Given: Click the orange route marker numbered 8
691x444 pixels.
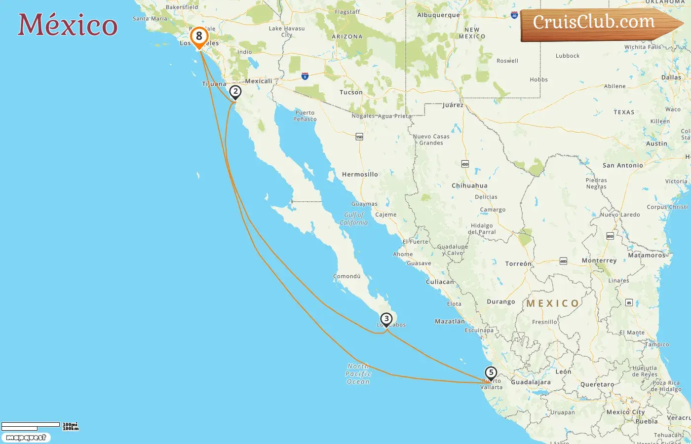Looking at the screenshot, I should click(x=199, y=37).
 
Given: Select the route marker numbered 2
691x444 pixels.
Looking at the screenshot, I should click(x=235, y=92).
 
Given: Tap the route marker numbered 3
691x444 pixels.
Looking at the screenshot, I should click(x=386, y=319).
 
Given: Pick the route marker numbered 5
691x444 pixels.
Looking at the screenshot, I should click(x=491, y=373).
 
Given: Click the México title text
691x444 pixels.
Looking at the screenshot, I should click(x=68, y=25).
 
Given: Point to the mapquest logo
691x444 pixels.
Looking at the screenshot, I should click(x=26, y=438).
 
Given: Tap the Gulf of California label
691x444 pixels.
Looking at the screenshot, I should click(x=354, y=219).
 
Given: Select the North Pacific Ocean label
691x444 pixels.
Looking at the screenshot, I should click(x=358, y=374).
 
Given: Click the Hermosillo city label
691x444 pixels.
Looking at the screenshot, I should click(x=360, y=175).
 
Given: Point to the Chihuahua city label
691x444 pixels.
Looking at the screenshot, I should click(x=469, y=186).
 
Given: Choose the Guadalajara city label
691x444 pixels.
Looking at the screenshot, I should click(x=531, y=382).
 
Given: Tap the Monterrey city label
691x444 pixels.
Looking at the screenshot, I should click(x=599, y=260).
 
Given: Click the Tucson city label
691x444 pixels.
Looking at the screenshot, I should click(x=351, y=92).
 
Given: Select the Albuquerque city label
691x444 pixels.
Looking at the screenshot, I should click(x=438, y=15).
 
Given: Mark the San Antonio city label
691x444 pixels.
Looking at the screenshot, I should click(x=623, y=166).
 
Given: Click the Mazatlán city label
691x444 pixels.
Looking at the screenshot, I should click(x=450, y=322).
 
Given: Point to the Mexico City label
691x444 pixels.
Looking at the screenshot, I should click(x=625, y=412).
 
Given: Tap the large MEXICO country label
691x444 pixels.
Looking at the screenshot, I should click(x=553, y=303).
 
